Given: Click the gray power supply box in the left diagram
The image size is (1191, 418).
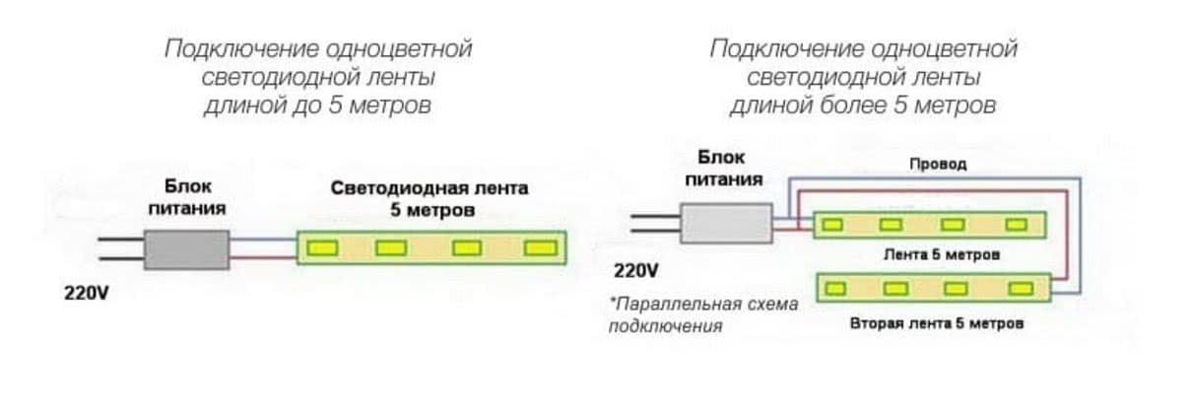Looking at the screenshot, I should pos(187,249).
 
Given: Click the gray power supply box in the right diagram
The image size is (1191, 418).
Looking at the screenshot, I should pos(726,223).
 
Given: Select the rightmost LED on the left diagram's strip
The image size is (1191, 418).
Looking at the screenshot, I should pos(539,247).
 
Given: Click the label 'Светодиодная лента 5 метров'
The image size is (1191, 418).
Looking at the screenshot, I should pos(429,198).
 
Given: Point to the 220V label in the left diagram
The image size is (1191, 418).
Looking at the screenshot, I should pos(86,294).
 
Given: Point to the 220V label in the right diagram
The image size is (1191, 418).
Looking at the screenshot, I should pos(635,270).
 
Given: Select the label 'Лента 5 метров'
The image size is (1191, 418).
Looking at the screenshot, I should pos(942,254).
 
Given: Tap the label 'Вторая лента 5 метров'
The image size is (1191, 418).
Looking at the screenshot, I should pos(936,323).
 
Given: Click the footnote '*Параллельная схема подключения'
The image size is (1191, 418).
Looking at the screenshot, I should pos(703,314).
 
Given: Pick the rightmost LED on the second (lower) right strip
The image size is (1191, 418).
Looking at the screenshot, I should pos(1018,289).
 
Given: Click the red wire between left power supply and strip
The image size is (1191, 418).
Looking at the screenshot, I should pos(263,258).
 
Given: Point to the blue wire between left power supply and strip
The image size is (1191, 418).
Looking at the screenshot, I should pos(263,240).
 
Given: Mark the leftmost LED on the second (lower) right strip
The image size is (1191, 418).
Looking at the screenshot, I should pos(836,289).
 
